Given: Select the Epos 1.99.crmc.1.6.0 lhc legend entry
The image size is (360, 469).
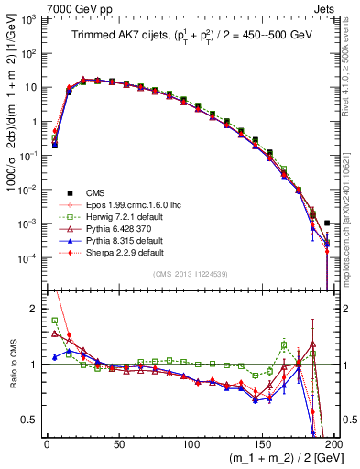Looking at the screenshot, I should (x=123, y=204).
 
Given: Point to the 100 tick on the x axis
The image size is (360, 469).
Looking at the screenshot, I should (x=191, y=443).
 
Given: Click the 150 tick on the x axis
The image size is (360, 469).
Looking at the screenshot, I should (x=263, y=443).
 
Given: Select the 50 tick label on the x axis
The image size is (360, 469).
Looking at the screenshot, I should (x=119, y=443).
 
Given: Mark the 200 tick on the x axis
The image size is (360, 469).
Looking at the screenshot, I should (x=333, y=443).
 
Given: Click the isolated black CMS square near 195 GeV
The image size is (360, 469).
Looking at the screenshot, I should (x=328, y=223).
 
